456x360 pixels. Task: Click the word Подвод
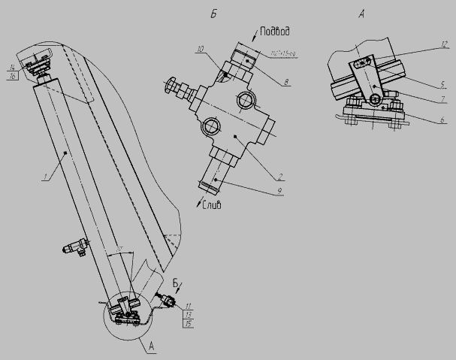click(276, 32)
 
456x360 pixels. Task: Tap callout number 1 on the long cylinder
click(45, 177)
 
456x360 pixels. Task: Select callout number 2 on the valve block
click(279, 177)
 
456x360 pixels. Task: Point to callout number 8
click(288, 81)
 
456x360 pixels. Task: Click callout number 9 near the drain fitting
click(279, 192)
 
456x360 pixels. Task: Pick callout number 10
click(200, 49)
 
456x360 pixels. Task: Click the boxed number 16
click(12, 77)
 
